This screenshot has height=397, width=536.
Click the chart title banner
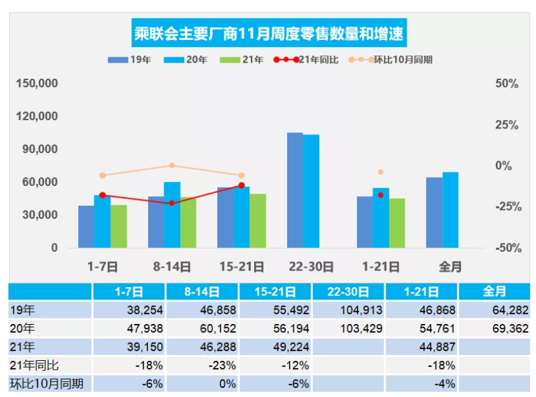click(x=268, y=33)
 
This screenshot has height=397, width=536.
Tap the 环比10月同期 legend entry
click(x=394, y=59)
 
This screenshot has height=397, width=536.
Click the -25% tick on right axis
click(x=507, y=207)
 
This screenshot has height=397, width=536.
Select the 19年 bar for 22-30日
click(x=295, y=190)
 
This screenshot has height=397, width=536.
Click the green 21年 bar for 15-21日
click(x=257, y=220)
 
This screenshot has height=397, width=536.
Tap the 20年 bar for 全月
click(x=450, y=210)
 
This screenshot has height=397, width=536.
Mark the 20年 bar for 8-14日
click(x=172, y=214)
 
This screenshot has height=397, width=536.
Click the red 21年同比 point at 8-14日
click(x=172, y=203)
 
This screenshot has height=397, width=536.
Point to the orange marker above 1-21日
click(x=381, y=172)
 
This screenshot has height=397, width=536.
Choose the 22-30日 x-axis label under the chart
click(x=310, y=266)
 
